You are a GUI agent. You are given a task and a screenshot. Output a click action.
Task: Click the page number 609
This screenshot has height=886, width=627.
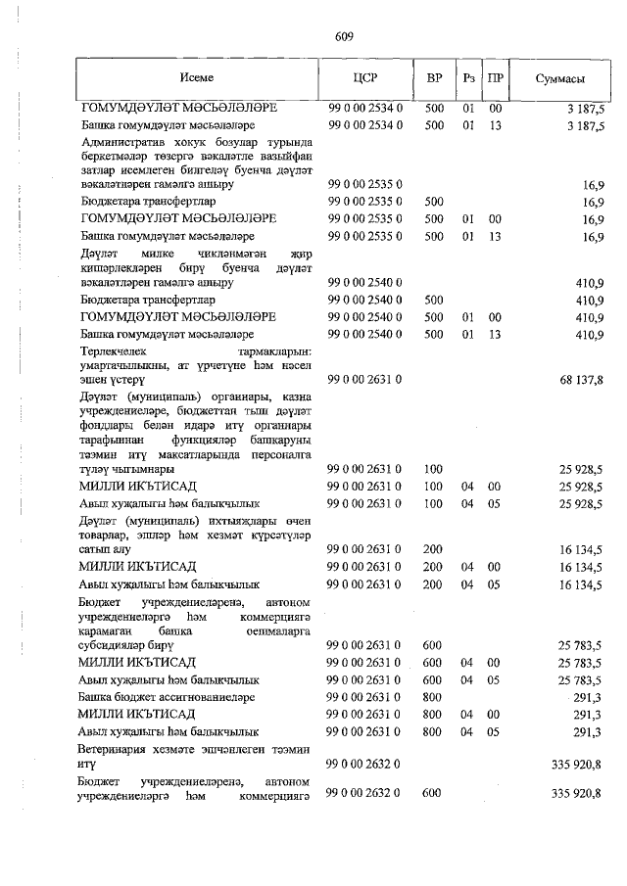(343, 36)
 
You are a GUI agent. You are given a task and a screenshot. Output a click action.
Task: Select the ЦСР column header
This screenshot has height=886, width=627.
(364, 77)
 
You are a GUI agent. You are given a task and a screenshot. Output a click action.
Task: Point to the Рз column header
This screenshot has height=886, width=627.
(469, 77)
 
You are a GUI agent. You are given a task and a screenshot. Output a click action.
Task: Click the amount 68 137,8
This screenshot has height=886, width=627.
(582, 378)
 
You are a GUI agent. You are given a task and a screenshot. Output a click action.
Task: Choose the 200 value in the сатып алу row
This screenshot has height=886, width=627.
(433, 550)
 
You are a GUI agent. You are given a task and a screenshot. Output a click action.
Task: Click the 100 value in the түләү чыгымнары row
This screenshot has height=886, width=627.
(433, 470)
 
